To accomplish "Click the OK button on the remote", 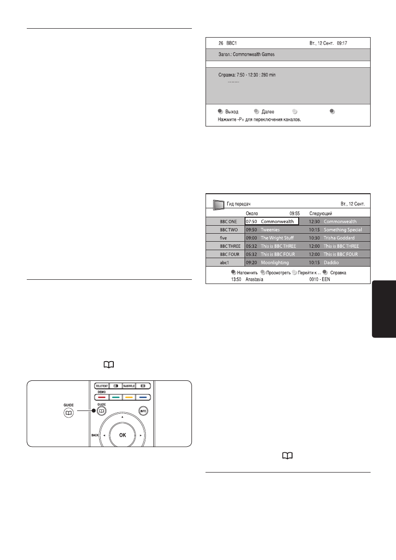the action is click(x=122, y=435).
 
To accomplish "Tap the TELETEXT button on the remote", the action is click(x=102, y=386).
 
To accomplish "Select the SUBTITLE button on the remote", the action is click(x=129, y=386).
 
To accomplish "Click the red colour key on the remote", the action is click(x=102, y=397).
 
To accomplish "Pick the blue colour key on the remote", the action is click(x=143, y=397).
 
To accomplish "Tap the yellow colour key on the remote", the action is click(x=129, y=397).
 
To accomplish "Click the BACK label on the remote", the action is click(x=95, y=435).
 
